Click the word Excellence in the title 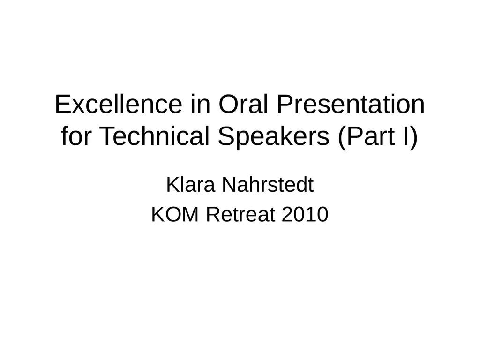(119, 105)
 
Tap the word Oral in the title (243, 105)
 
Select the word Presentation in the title (351, 105)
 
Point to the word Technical (155, 136)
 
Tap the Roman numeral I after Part (406, 136)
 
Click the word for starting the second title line (76, 136)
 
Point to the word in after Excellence (201, 105)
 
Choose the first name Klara (190, 185)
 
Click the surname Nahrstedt (268, 185)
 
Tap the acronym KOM (175, 214)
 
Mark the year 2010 (305, 214)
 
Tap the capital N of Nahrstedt (229, 185)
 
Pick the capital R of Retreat (213, 214)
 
